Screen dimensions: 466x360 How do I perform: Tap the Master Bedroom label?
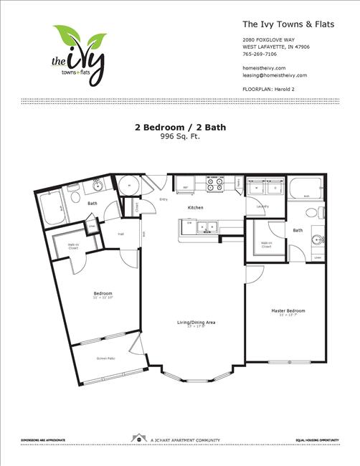point(288,311)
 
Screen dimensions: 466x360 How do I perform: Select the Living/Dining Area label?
point(196,323)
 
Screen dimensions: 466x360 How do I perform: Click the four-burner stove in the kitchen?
point(214,183)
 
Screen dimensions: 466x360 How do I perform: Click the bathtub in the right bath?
point(307,189)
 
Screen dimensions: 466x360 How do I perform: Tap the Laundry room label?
point(262,206)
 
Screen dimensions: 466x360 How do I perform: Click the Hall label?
point(121,233)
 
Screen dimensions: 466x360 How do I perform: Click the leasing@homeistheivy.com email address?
point(275,75)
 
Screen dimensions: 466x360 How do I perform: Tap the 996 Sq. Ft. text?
point(180,135)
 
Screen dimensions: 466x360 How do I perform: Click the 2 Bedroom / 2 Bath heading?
point(179,128)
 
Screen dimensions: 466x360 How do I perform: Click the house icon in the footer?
point(136,438)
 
